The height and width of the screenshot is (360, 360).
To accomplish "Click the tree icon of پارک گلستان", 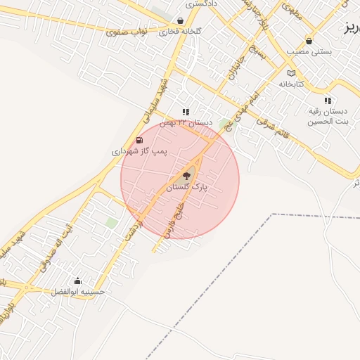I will pos(187,176).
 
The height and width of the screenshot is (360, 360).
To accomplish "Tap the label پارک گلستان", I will pos(188,188).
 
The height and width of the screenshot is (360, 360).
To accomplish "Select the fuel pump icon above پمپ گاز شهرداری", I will pos(139,140).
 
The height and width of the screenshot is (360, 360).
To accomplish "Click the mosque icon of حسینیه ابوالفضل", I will pos(77,281).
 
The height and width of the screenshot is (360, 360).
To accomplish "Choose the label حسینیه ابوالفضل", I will pos(79,291).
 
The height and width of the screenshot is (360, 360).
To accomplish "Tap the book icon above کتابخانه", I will pos(292,73).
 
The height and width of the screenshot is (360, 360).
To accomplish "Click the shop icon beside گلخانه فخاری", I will pos(181,21).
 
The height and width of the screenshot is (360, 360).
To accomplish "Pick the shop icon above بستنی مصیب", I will pos(309,41).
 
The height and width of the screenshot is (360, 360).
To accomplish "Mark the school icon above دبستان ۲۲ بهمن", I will pos(186,112).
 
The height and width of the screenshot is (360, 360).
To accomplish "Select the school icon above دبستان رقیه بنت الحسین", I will pos(328,101).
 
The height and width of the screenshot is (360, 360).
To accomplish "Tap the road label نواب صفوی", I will pos(127,32).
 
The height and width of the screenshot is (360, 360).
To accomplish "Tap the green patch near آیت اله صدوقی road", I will pos(111,223).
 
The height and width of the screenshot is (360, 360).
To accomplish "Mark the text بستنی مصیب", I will pos(310,52).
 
